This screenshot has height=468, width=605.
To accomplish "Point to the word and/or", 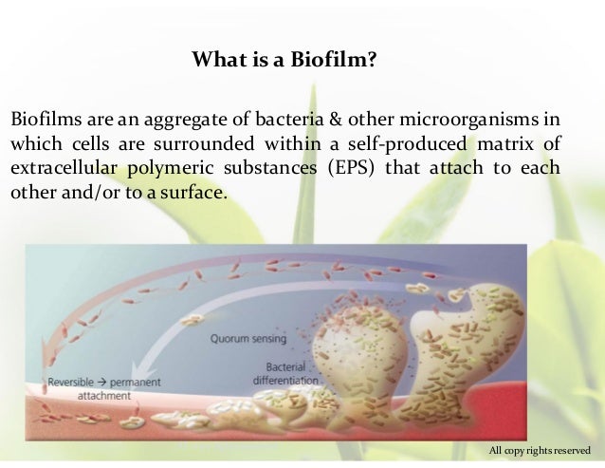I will (x=81, y=191).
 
